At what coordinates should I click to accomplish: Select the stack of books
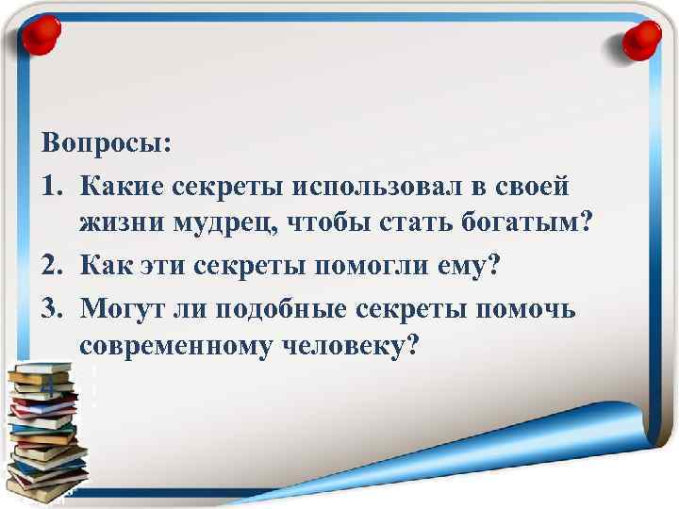44,429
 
